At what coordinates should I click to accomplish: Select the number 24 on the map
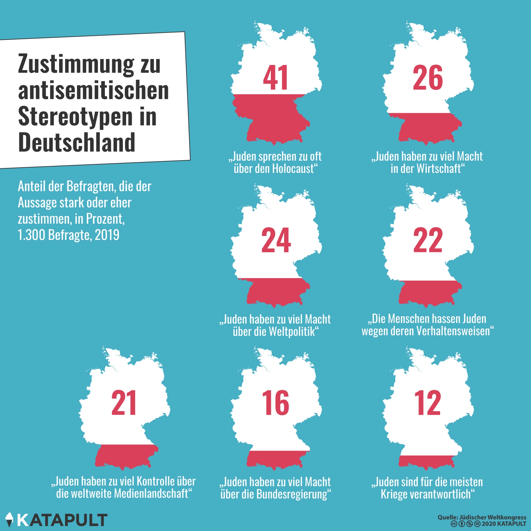(x=276, y=240)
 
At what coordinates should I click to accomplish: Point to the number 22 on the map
(x=428, y=240)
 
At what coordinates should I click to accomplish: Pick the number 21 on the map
(x=124, y=403)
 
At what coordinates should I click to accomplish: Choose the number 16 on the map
(x=275, y=403)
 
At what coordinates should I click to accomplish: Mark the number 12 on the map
(x=427, y=403)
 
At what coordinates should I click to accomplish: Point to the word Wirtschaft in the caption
(x=440, y=169)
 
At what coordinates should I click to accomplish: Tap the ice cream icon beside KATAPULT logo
(x=9, y=519)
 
